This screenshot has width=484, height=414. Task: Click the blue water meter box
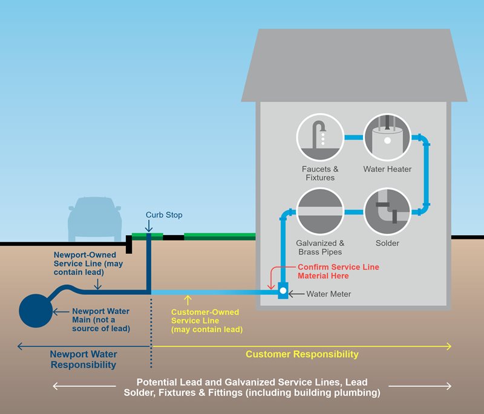283,293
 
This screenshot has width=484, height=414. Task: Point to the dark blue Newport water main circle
36,311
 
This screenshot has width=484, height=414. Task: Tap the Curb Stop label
164,215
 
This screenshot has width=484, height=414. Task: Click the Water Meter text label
329,294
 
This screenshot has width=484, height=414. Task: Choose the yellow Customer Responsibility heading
302,354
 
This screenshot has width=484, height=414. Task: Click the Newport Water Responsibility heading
83,360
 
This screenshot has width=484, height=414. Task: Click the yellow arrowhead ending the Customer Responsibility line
448,346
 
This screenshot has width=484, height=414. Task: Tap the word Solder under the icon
387,244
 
